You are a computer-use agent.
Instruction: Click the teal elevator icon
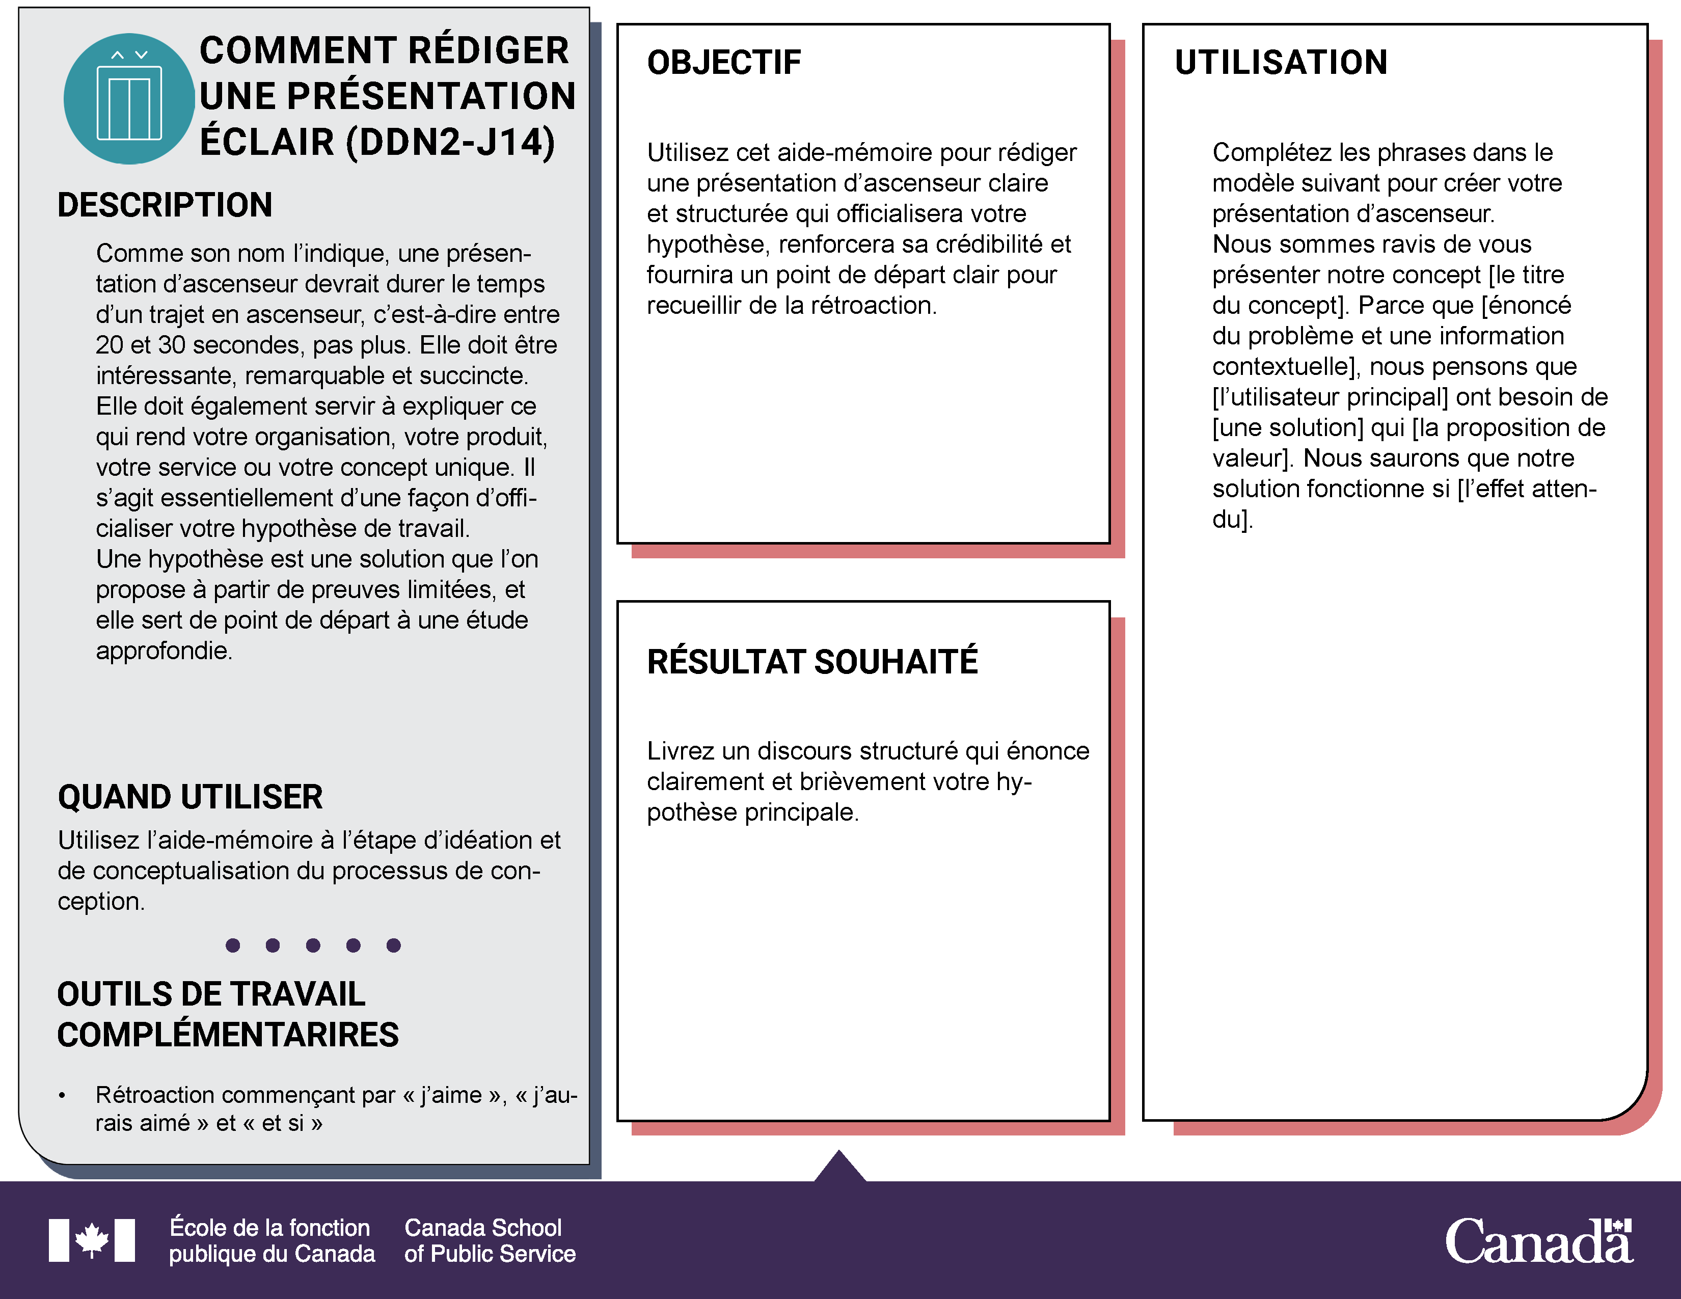[x=128, y=98]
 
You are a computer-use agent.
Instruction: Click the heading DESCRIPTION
[x=165, y=205]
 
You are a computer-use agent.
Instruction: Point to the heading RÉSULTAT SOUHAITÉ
[x=812, y=662]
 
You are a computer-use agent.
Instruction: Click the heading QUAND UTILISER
[x=190, y=797]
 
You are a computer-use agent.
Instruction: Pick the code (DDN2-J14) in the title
[x=450, y=142]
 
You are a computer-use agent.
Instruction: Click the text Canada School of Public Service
[x=490, y=1240]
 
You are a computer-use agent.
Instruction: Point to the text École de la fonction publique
[x=271, y=1240]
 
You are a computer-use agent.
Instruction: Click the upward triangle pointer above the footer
[x=839, y=1167]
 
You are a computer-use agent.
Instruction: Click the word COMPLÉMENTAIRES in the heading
[x=228, y=1035]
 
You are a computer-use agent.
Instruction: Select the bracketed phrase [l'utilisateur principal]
[x=1330, y=397]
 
